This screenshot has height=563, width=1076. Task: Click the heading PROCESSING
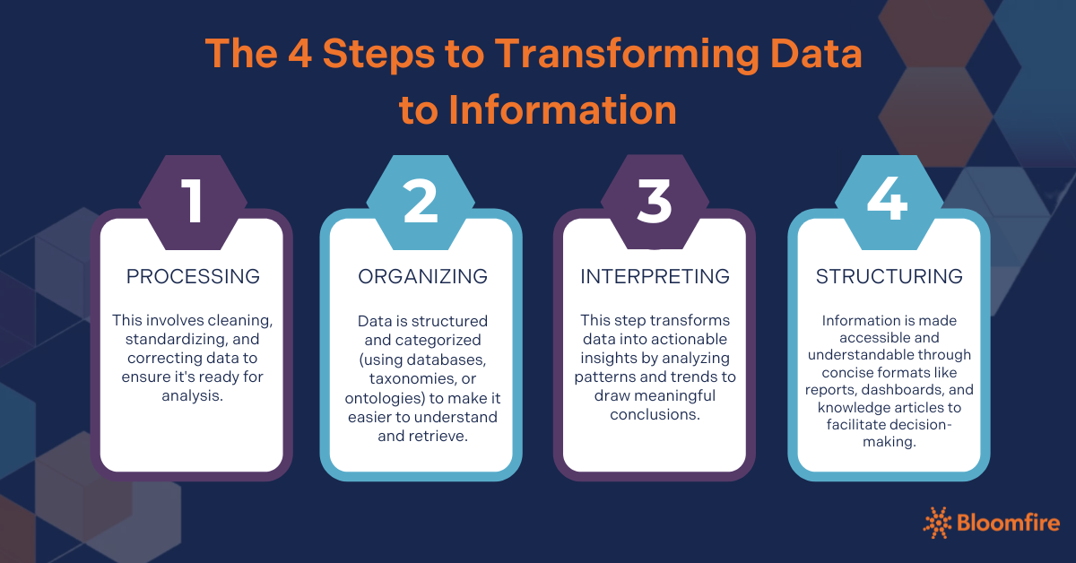pyautogui.click(x=193, y=276)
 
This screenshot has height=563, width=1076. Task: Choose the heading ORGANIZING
pyautogui.click(x=422, y=276)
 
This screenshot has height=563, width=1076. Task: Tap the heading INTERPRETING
pyautogui.click(x=655, y=276)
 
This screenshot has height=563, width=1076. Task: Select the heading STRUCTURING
pyautogui.click(x=889, y=276)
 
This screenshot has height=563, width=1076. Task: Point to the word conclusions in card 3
pyautogui.click(x=655, y=414)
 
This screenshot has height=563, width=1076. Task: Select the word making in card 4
pyautogui.click(x=889, y=442)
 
